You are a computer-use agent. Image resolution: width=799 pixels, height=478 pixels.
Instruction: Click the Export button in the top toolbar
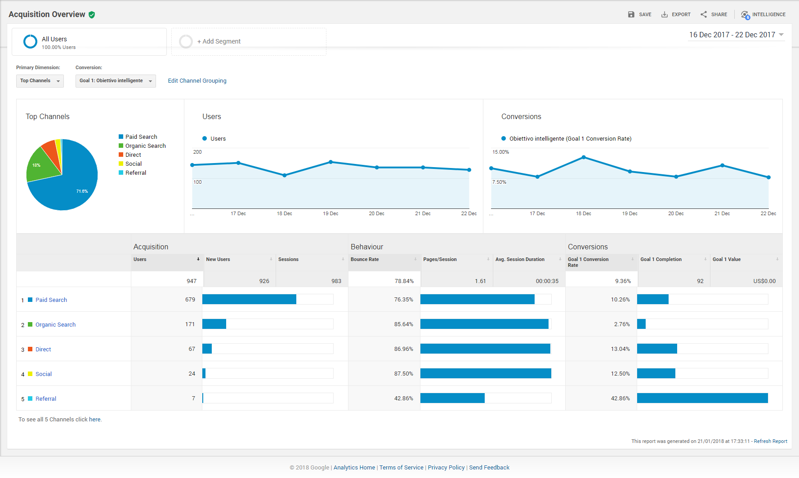(x=676, y=14)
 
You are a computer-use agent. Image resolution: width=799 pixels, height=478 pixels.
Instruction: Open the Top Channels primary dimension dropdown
(x=40, y=81)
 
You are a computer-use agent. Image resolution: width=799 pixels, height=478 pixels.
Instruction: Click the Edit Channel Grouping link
(x=197, y=81)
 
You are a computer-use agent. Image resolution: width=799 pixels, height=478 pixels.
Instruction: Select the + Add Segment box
(x=249, y=42)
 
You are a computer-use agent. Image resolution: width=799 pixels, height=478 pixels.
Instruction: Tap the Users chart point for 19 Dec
(x=330, y=162)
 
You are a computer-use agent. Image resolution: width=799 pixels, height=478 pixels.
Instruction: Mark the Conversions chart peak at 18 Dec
(x=584, y=157)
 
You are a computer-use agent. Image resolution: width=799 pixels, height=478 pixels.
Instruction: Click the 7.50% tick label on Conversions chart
(x=499, y=182)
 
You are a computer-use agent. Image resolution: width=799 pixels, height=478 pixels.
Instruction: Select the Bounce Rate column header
(x=365, y=259)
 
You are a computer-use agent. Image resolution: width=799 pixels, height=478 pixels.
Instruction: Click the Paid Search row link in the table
(x=51, y=300)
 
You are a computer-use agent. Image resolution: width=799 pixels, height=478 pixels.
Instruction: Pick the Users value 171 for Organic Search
(x=190, y=324)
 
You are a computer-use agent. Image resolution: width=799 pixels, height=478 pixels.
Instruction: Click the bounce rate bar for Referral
(x=452, y=398)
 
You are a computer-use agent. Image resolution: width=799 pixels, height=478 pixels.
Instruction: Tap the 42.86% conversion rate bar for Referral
(x=702, y=398)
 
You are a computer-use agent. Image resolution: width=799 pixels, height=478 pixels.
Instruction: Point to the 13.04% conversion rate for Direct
(x=620, y=349)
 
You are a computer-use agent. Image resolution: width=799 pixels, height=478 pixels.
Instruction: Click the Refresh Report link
(x=771, y=441)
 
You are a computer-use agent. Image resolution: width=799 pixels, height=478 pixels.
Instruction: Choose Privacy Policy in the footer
(x=446, y=468)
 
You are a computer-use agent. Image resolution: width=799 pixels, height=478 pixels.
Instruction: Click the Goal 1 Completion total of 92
(x=700, y=281)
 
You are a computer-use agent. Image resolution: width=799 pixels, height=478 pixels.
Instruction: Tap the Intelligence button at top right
(x=763, y=15)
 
